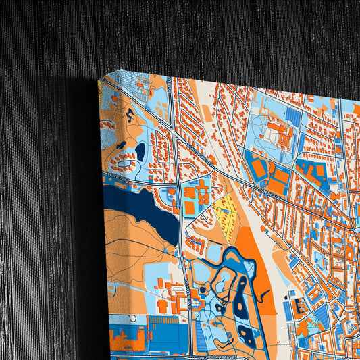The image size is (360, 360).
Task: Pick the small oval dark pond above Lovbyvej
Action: point(140,151)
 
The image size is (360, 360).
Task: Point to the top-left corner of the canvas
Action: point(99,80)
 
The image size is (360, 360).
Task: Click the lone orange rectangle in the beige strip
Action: point(217,162)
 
